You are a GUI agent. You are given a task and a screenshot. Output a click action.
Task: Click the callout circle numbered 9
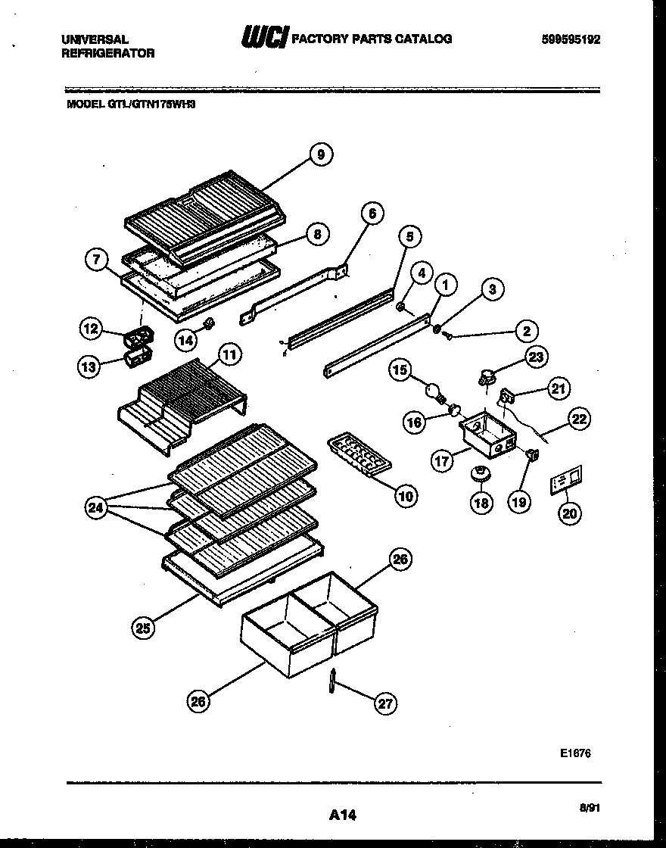click(321, 154)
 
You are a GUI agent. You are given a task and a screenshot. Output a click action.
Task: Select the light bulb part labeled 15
click(434, 392)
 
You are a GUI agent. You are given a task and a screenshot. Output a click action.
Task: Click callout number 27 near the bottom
click(385, 703)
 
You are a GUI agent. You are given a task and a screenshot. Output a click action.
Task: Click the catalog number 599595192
click(571, 39)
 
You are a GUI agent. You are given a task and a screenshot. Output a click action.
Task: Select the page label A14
click(342, 815)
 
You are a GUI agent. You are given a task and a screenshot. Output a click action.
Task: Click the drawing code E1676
click(575, 753)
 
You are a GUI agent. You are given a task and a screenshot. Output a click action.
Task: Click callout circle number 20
click(570, 513)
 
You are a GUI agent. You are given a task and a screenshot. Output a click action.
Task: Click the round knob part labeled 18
click(479, 474)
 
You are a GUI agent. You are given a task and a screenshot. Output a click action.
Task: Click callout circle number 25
click(145, 626)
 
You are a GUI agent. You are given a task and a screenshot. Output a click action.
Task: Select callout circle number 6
click(372, 214)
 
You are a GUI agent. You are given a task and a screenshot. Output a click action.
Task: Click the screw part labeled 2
click(448, 335)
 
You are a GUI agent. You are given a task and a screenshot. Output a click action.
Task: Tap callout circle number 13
click(90, 367)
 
